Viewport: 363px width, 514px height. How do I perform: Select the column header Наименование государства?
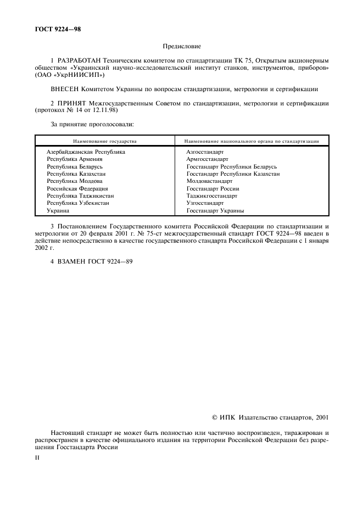click(105, 141)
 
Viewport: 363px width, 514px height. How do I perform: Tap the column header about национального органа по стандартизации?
click(252, 141)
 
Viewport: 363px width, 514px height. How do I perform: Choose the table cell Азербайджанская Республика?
click(86, 152)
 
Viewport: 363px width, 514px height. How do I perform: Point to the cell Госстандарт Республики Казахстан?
click(233, 174)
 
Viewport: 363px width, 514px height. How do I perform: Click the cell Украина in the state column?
click(58, 210)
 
